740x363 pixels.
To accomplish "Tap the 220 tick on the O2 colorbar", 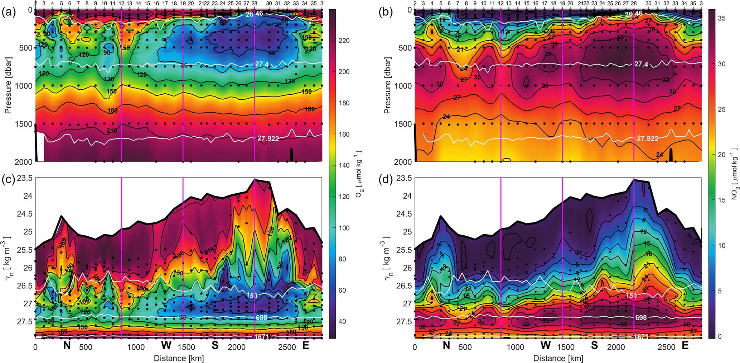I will point(344,41).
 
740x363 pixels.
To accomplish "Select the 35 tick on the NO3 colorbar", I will point(722,18).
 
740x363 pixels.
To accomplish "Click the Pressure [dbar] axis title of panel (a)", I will point(8,85).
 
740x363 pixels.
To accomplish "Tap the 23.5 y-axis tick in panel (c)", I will point(25,178).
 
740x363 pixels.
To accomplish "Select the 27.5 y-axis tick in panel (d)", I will point(404,321).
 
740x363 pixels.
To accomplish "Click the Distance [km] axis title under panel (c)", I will point(179,358).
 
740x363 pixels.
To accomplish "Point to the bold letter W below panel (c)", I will point(166,345).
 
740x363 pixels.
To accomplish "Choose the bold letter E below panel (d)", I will point(685,345).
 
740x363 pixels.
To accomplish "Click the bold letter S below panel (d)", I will point(594,345).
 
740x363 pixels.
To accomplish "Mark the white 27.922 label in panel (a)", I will point(268,138).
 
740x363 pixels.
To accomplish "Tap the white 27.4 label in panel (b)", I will point(641,64).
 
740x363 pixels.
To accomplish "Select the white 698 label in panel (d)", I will point(641,318).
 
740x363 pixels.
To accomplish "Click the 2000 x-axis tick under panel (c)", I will point(237,347).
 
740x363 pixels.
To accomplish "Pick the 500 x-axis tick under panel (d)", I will point(465,347).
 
